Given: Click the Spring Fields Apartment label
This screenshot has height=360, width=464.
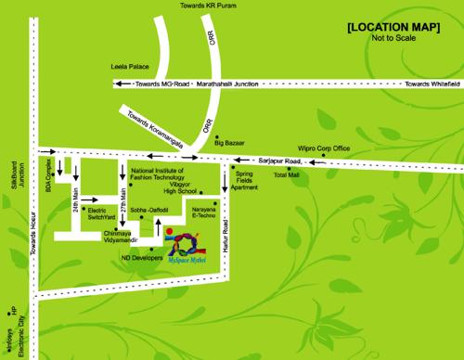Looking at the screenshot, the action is [x=244, y=180].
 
